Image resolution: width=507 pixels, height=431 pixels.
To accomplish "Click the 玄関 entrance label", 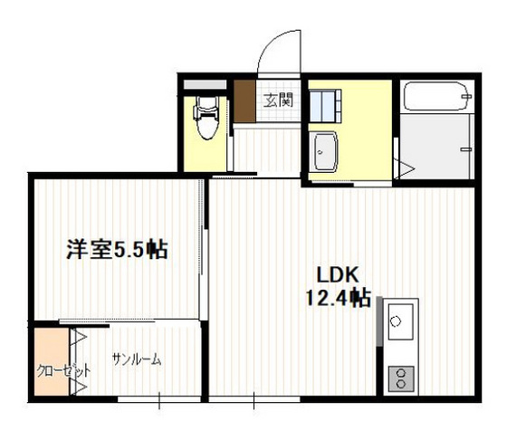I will pos(278,99).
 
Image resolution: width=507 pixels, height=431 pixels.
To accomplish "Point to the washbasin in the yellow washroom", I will pos(323,150).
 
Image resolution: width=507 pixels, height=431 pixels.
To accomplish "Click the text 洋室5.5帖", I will pos(117,249).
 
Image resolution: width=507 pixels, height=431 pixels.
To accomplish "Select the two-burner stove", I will pos(399,378).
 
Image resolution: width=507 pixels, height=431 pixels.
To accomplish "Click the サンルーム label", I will pos(137,359).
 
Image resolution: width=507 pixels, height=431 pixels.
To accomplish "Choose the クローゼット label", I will pos(51,371).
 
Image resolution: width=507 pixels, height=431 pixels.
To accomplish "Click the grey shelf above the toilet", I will pos(205,86).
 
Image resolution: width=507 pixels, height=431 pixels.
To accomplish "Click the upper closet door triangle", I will pos(79,339).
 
